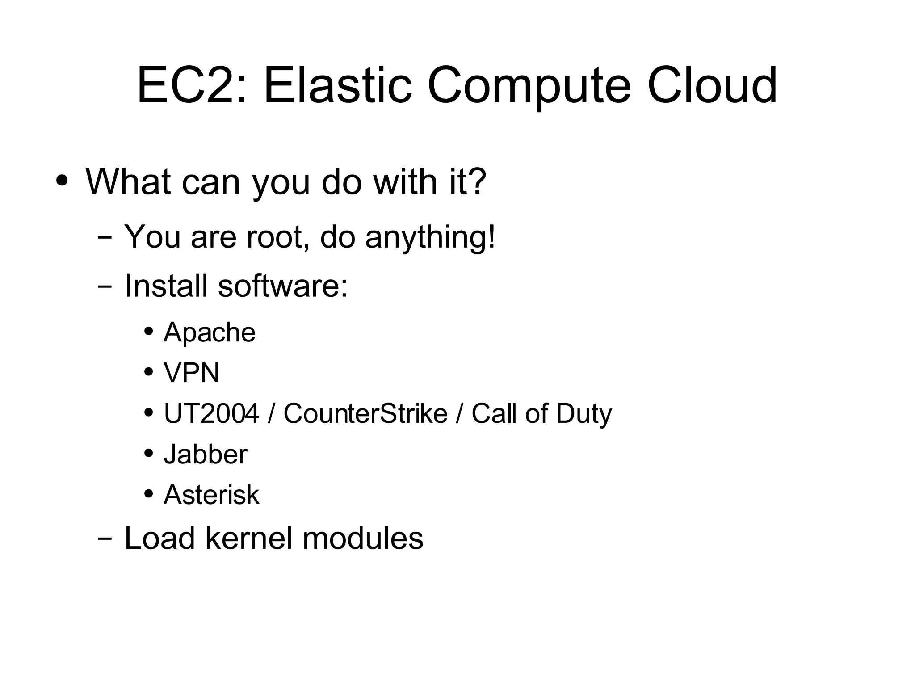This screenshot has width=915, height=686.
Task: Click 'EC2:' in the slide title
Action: tap(191, 85)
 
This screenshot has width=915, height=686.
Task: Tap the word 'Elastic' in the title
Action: tap(337, 85)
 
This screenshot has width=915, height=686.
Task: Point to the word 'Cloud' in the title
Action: tap(712, 85)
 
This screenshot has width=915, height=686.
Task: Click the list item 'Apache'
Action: tap(209, 332)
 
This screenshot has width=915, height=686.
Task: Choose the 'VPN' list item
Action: tap(191, 373)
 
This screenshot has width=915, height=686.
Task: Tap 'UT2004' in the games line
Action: tap(211, 413)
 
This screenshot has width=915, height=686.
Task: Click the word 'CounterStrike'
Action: tap(365, 413)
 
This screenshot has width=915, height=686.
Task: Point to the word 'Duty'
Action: tap(583, 413)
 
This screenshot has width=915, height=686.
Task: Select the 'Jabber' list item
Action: tap(205, 454)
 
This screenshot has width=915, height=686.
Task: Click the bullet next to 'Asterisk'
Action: tap(149, 494)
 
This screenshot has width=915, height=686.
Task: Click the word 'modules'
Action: tap(363, 538)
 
